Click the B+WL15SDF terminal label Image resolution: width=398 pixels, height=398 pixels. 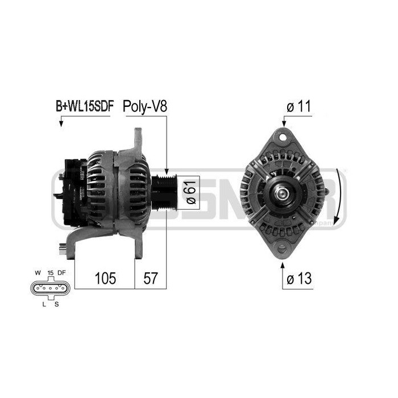pyautogui.click(x=84, y=106)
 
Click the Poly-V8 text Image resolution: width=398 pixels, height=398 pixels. pyautogui.click(x=144, y=106)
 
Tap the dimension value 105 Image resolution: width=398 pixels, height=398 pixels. pyautogui.click(x=105, y=278)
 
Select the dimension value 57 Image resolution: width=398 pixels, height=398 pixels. pyautogui.click(x=151, y=278)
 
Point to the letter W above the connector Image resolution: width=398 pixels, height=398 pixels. pyautogui.click(x=37, y=273)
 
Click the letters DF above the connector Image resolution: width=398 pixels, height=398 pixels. pyautogui.click(x=62, y=273)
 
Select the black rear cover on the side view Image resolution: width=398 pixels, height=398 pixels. pyautogui.click(x=71, y=190)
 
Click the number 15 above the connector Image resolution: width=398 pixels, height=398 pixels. pyautogui.click(x=50, y=273)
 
